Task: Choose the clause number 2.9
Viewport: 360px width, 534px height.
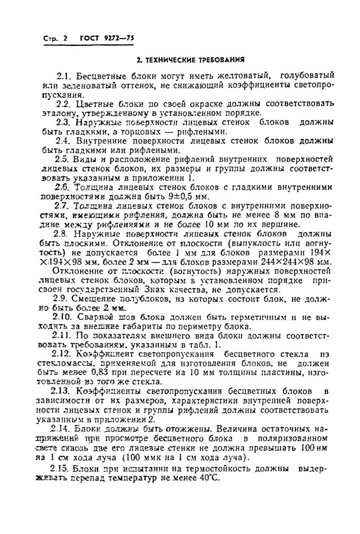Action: [x=62, y=299]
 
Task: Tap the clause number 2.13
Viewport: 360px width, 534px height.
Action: [x=64, y=391]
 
